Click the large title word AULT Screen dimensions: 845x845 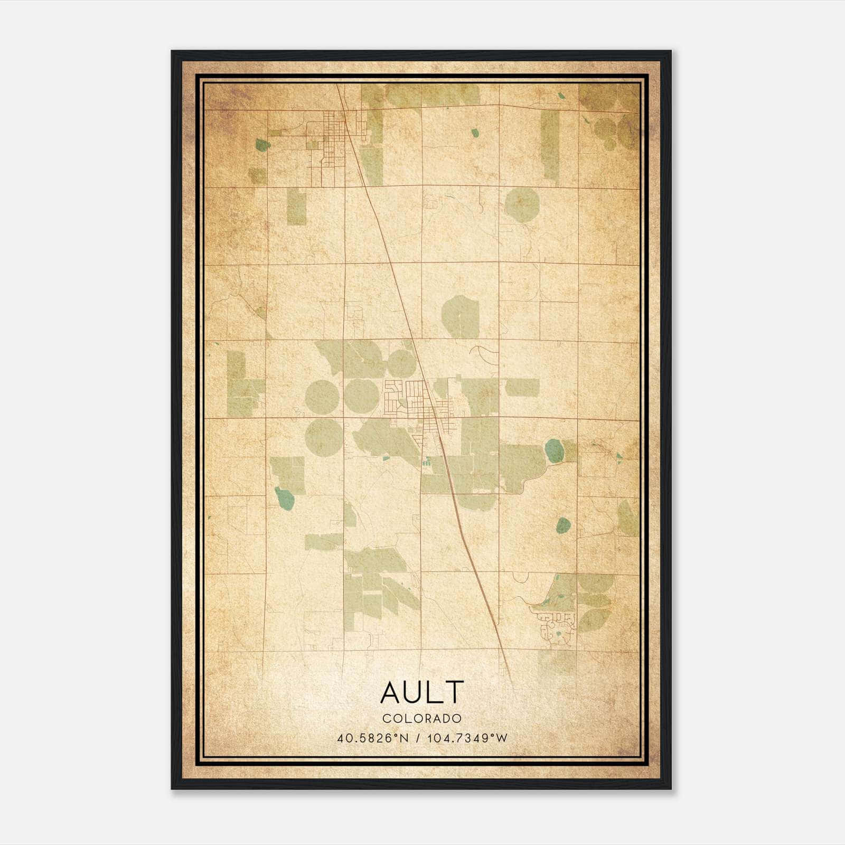[422, 692]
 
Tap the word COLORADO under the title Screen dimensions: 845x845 [422, 718]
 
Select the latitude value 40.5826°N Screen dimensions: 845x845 [373, 738]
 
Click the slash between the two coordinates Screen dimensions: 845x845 [417, 738]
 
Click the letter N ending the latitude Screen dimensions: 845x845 [405, 738]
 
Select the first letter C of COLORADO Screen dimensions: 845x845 [386, 718]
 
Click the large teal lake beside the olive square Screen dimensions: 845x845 [553, 450]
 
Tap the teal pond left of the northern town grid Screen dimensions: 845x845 [261, 144]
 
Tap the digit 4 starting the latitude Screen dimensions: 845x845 [340, 738]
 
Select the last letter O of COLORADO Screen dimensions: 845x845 [457, 718]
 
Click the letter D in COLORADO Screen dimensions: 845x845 [446, 718]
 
